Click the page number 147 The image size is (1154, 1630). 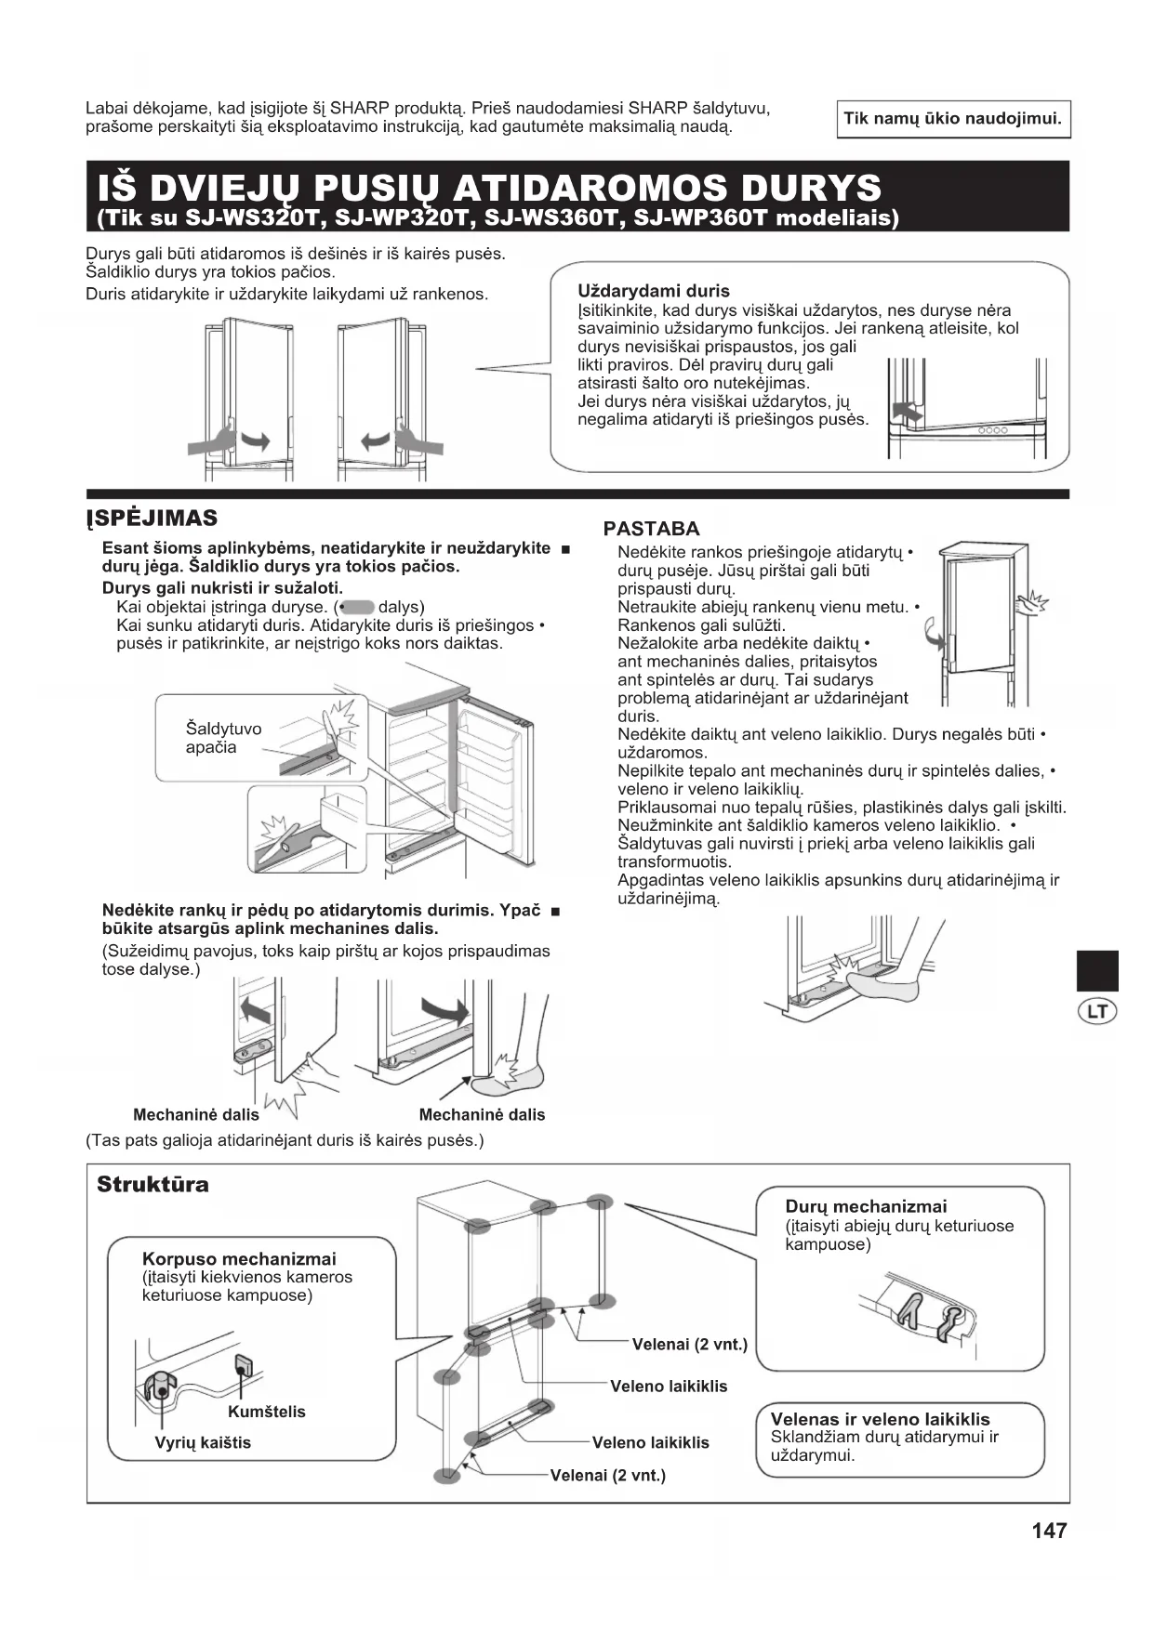tap(1049, 1530)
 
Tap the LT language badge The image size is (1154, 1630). tap(1097, 1011)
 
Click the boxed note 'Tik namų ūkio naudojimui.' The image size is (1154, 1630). tap(952, 119)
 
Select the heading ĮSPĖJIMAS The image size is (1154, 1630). tap(152, 519)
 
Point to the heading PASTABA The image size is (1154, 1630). tap(651, 529)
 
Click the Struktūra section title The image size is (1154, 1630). tap(153, 1184)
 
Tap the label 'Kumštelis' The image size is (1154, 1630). tap(266, 1412)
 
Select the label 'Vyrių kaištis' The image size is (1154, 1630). tap(203, 1442)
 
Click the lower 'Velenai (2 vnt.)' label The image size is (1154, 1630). tap(608, 1475)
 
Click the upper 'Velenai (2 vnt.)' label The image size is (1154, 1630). tap(689, 1344)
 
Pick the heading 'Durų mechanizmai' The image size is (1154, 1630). tap(866, 1206)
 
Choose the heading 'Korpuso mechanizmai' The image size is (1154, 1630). tap(239, 1258)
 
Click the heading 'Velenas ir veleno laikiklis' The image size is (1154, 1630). tap(880, 1419)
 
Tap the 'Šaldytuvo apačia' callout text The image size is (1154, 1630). tap(223, 738)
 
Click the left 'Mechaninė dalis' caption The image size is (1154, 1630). tap(195, 1114)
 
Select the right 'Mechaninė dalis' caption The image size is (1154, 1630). tap(482, 1114)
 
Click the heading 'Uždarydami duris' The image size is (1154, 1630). tap(653, 291)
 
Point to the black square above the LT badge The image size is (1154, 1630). tap(1097, 971)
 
